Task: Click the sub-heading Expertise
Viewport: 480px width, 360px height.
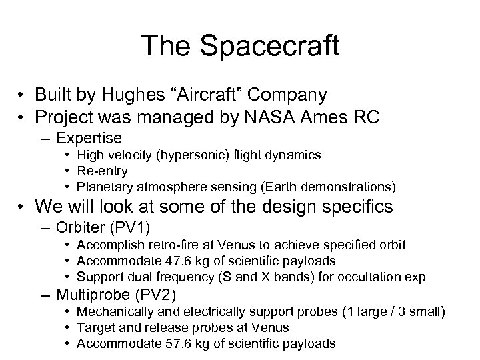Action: tap(89, 138)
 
